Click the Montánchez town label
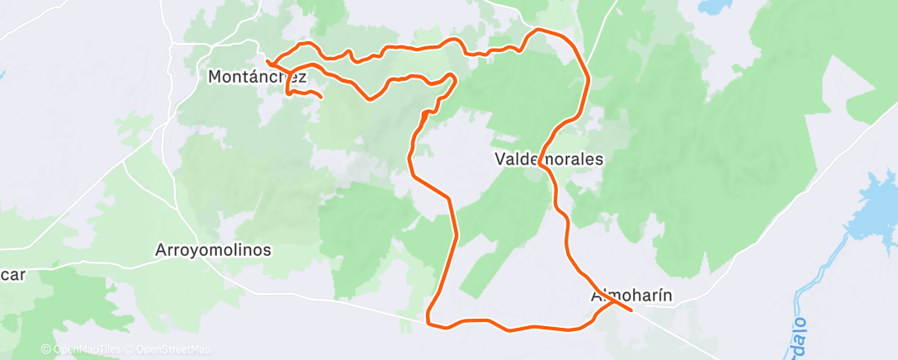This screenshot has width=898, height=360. point(258,78)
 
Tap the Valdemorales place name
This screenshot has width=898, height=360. point(549,158)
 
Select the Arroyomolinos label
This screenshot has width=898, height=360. point(214,249)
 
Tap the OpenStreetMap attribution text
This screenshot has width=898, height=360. point(173,350)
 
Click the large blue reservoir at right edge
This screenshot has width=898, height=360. point(880,206)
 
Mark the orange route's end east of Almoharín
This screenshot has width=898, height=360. point(631,310)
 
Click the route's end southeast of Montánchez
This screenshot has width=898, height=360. point(320,98)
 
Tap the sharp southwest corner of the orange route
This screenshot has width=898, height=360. point(428,320)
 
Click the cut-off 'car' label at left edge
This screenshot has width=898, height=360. point(12,275)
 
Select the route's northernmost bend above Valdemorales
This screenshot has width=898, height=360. point(538,30)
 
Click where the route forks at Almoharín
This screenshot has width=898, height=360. point(612,302)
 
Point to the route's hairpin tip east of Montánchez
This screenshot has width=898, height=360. point(453,76)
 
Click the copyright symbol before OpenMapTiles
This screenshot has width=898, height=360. point(45,350)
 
